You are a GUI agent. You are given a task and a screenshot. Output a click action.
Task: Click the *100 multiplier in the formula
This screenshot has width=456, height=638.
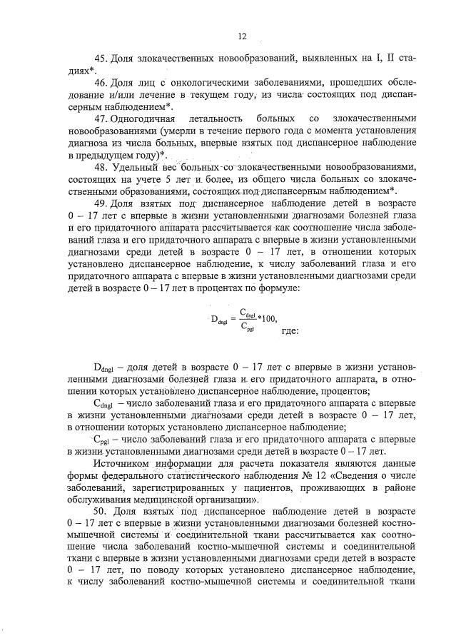point(267,319)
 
